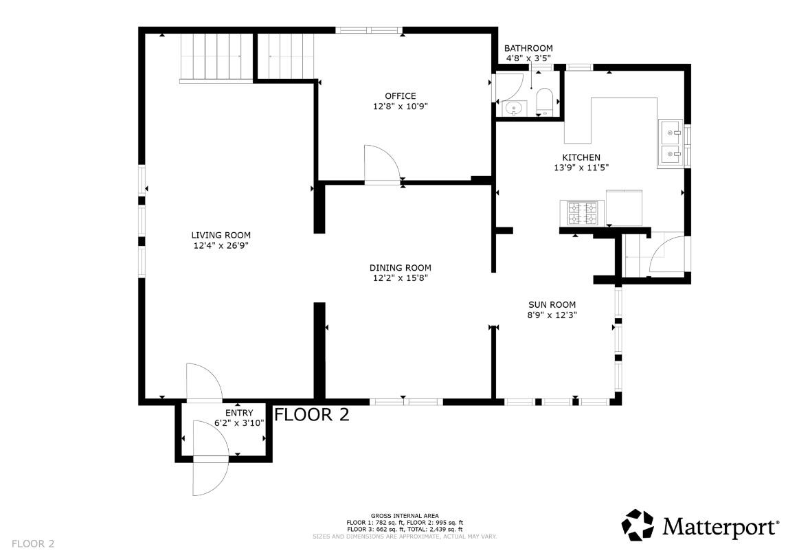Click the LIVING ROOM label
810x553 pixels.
[221, 236]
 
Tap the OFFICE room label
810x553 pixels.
[401, 96]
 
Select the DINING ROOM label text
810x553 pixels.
[401, 267]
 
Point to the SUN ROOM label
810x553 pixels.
[552, 304]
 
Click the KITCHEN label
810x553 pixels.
[581, 157]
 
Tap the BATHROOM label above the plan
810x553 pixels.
[528, 48]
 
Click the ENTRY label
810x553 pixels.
[239, 413]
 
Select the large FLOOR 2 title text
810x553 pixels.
[311, 415]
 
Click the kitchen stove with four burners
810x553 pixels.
[582, 213]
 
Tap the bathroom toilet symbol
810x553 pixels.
[545, 101]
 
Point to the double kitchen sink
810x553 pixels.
[671, 144]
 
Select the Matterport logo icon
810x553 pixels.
[638, 525]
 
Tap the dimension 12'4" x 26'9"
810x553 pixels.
[221, 246]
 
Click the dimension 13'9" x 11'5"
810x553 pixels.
[581, 168]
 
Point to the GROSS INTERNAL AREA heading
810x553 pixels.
[405, 516]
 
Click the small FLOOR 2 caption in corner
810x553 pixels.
[32, 543]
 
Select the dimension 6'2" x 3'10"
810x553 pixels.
[239, 423]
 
